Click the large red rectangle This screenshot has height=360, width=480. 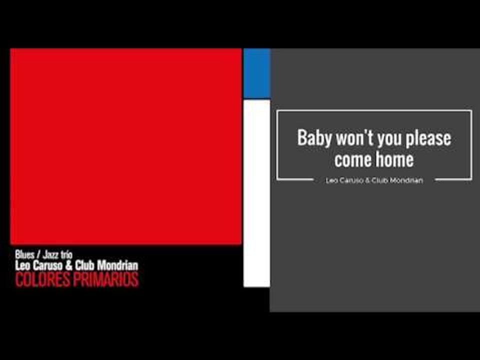[125, 146]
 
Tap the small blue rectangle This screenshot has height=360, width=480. [256, 73]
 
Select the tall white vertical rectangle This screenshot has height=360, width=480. [256, 193]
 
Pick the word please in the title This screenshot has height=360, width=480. [428, 138]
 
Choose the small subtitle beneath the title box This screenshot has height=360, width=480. [374, 180]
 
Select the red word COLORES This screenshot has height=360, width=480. [43, 280]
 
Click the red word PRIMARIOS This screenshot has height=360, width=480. [105, 280]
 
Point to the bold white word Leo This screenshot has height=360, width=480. [23, 265]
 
